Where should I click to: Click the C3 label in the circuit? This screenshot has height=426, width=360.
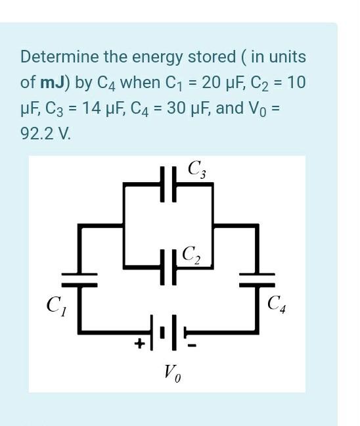(x=196, y=170)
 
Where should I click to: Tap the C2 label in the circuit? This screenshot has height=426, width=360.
(x=192, y=254)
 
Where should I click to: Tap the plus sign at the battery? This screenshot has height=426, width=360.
(x=140, y=343)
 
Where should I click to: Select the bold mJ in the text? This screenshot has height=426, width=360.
(x=53, y=83)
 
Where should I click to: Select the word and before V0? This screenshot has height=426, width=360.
(x=229, y=108)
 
